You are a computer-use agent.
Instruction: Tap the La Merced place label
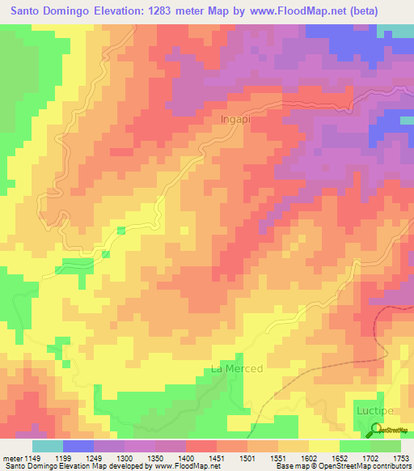point(237,369)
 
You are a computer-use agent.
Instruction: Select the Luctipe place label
point(374,411)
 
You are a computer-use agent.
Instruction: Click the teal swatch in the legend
point(48,446)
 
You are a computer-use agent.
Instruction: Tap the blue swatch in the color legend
point(78,446)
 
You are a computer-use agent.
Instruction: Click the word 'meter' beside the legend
point(13,458)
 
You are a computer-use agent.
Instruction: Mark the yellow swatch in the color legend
point(323,446)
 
